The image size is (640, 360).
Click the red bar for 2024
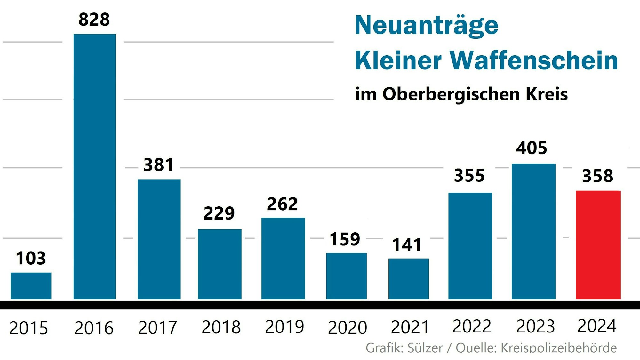598,245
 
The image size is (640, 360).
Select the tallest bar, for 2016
94,166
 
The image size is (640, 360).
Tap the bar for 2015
31,286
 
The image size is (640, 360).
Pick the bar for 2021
409,279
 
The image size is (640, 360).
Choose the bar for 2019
283,258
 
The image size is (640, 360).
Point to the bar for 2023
533,231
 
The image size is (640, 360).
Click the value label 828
94,20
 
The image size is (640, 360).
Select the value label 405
532,148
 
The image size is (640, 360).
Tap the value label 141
407,245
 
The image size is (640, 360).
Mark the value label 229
219,213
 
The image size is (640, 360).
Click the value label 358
597,176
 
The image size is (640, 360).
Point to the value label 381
158,165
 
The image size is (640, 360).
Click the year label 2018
221,327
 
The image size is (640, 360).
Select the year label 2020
347,328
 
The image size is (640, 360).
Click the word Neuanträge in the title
427,26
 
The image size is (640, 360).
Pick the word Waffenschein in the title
534,60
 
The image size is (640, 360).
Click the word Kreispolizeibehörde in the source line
558,348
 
